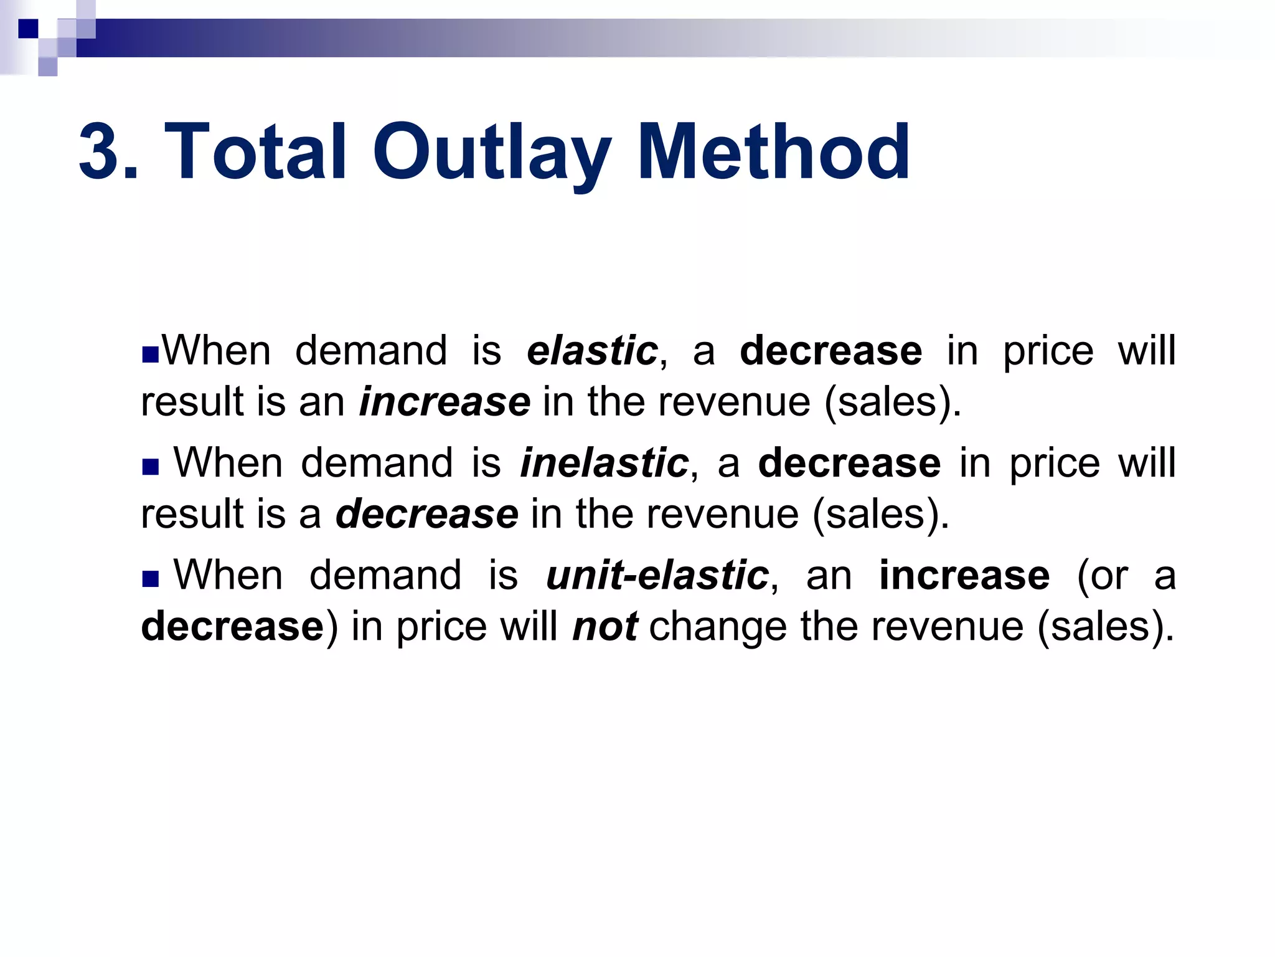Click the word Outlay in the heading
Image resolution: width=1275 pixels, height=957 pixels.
[491, 153]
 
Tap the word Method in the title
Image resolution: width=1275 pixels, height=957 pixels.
[774, 153]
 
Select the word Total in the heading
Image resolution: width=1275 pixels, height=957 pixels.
[255, 153]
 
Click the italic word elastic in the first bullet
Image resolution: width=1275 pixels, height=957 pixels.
[592, 351]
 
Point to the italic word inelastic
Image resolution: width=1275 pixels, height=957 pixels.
[604, 464]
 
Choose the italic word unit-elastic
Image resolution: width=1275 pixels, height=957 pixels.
[657, 576]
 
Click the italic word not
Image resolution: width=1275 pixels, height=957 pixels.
[605, 626]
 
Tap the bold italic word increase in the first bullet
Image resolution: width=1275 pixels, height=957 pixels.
[445, 402]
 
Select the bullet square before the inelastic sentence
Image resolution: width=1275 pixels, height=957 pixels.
[151, 467]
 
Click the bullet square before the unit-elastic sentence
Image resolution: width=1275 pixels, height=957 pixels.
[151, 579]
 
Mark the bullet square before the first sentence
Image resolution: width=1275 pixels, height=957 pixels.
[150, 355]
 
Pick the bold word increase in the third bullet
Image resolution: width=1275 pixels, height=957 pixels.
[964, 576]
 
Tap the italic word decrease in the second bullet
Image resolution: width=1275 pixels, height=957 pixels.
[427, 514]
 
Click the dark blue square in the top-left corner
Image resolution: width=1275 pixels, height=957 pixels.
[28, 29]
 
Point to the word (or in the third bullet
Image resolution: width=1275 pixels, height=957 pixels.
[1102, 576]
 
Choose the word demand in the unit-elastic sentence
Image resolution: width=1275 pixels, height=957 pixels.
[385, 576]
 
